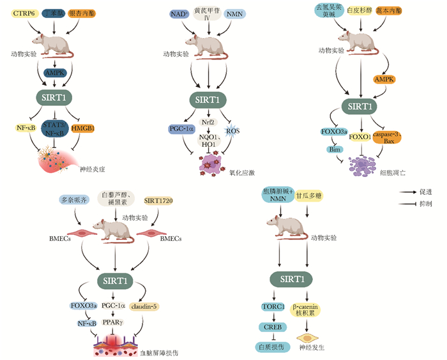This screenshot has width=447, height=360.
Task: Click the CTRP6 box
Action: pyautogui.click(x=22, y=13)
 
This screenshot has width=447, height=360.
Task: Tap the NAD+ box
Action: pyautogui.click(x=169, y=13)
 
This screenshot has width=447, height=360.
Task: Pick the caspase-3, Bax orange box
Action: pyautogui.click(x=390, y=135)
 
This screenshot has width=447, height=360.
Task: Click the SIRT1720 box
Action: pyautogui.click(x=160, y=202)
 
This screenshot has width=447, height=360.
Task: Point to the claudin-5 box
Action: pyautogui.click(x=146, y=306)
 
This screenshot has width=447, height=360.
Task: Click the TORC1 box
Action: pyautogui.click(x=273, y=307)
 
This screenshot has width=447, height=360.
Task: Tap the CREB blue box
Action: pyautogui.click(x=273, y=327)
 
